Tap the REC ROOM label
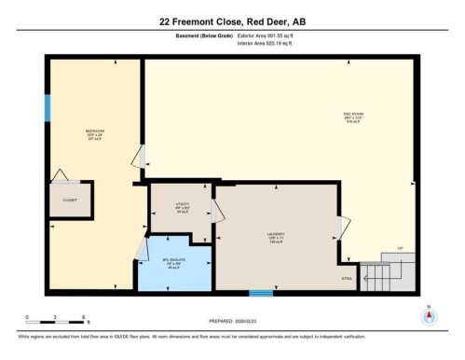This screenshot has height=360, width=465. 352,115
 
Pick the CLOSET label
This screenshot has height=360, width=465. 70,200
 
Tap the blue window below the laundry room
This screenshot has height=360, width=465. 262,293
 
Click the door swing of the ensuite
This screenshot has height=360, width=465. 143,248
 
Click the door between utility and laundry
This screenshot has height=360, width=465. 215,211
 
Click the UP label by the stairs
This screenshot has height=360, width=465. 400,248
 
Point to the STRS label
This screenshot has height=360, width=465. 347,277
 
